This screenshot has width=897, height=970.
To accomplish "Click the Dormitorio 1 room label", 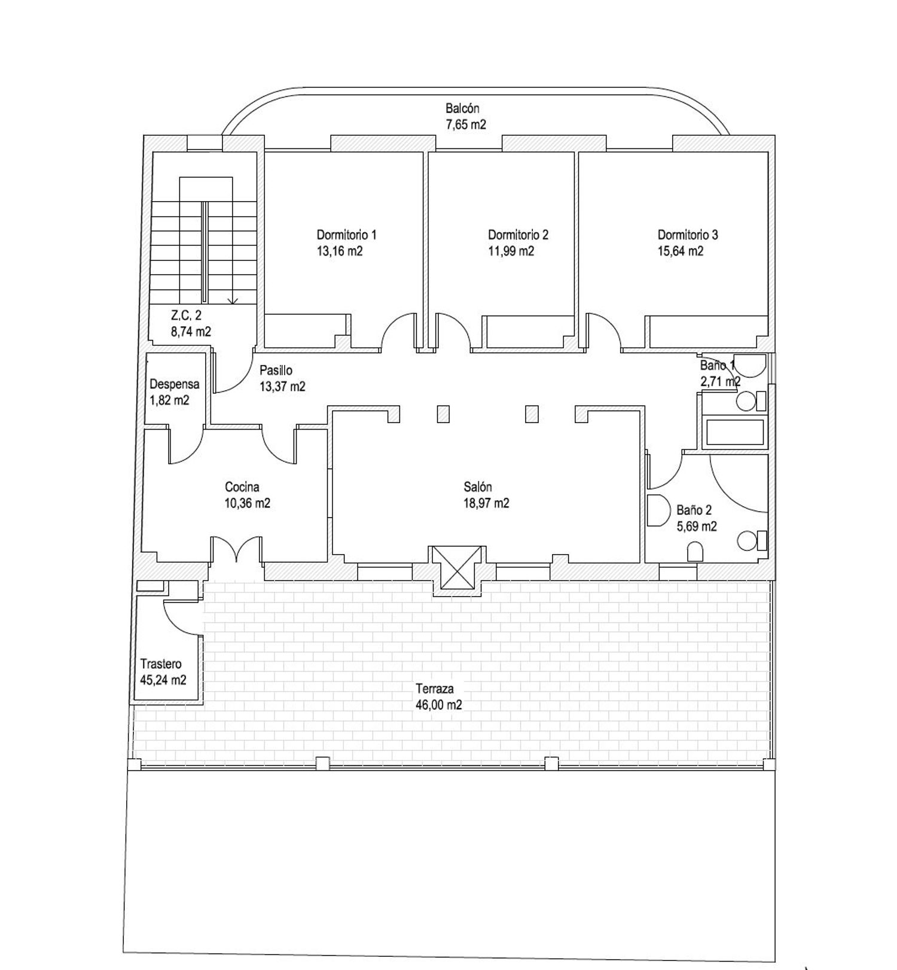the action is (x=346, y=235).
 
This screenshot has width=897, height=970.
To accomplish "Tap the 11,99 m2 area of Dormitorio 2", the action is (x=511, y=251).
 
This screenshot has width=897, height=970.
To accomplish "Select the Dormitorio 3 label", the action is (x=688, y=235).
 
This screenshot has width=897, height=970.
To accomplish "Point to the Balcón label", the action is (x=462, y=109).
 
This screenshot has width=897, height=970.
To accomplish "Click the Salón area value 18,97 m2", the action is (x=486, y=503).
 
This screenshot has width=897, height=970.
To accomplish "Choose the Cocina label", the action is (x=242, y=487).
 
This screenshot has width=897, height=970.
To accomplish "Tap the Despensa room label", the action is (x=175, y=385).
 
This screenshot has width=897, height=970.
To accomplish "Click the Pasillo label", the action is (x=276, y=371).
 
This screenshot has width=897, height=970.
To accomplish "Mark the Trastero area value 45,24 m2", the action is (x=163, y=680).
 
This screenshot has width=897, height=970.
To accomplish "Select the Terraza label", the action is (x=435, y=689).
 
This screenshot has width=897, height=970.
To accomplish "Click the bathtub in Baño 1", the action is (x=735, y=432).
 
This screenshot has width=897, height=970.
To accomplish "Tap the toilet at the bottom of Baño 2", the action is (x=694, y=552).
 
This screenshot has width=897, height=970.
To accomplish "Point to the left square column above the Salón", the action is (x=443, y=414).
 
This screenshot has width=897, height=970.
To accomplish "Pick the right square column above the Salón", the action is (x=532, y=414).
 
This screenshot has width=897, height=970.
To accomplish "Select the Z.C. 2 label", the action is (x=186, y=315).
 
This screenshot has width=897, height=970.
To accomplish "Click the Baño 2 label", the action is (x=694, y=510).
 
